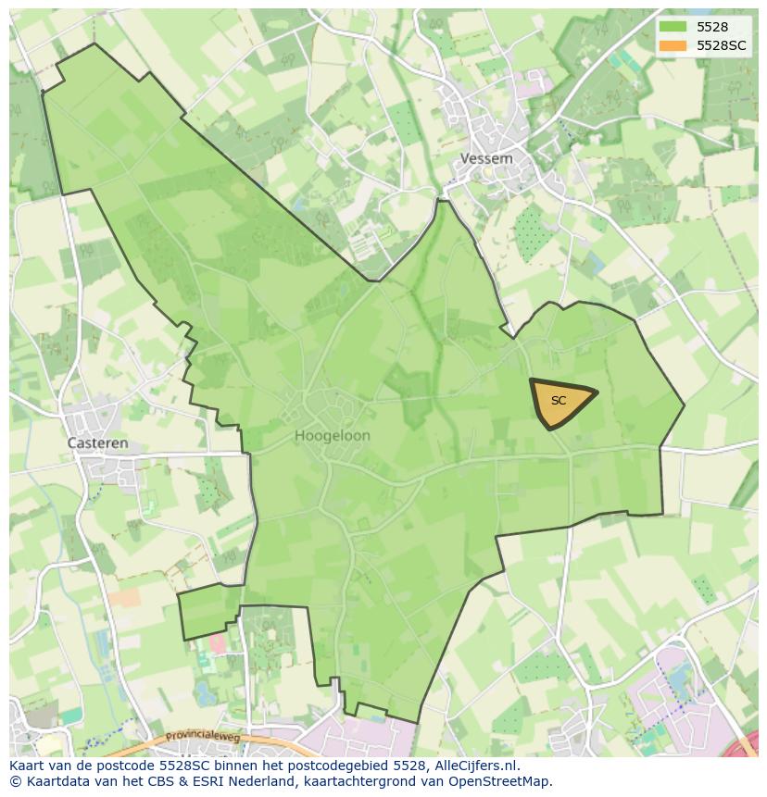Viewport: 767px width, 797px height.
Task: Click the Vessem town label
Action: point(486,158)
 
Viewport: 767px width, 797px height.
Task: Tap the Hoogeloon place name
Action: point(333,435)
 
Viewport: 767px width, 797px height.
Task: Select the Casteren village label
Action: point(98,443)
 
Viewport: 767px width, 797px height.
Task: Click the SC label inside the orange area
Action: point(558,401)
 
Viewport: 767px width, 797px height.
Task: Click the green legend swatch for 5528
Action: point(673,27)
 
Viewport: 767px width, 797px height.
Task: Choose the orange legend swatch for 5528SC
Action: point(673,45)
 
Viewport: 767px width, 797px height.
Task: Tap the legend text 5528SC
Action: point(722,45)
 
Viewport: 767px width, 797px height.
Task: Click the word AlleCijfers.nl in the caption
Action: point(476,766)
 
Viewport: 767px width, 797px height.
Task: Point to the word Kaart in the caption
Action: point(29,766)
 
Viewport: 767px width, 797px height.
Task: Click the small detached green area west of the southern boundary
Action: point(208,611)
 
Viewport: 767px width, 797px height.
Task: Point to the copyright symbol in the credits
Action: point(15,781)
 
